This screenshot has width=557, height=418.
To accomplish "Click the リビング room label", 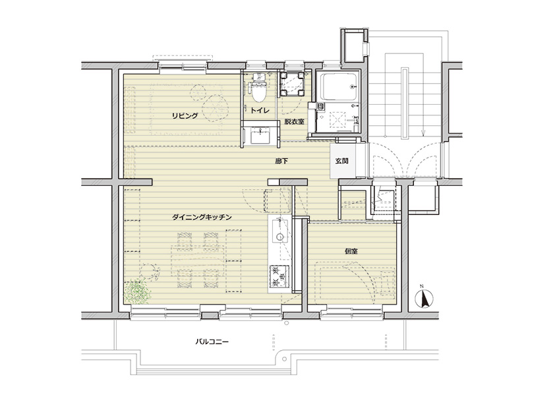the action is coord(185,116).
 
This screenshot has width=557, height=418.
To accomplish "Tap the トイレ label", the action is coord(260,110).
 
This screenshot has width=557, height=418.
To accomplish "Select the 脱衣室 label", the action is coord(294,121).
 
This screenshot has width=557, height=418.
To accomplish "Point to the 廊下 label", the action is coord(281,161).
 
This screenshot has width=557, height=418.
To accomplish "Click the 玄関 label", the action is coord(341,161).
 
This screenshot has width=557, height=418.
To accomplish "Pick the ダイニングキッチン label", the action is coord(202,217).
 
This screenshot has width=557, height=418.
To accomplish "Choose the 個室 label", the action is coord(351,251).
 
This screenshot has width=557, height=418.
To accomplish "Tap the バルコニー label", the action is coord(212,342).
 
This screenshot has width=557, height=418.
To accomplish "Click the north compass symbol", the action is coord(424,298).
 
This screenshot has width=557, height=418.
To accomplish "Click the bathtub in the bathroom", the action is coord(339,87).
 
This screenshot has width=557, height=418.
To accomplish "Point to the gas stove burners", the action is coord(279,276).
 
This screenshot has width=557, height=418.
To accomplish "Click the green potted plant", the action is coord(137,292).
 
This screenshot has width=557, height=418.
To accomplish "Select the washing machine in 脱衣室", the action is coord(293,84).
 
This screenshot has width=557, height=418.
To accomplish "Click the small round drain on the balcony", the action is coord(286,324).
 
